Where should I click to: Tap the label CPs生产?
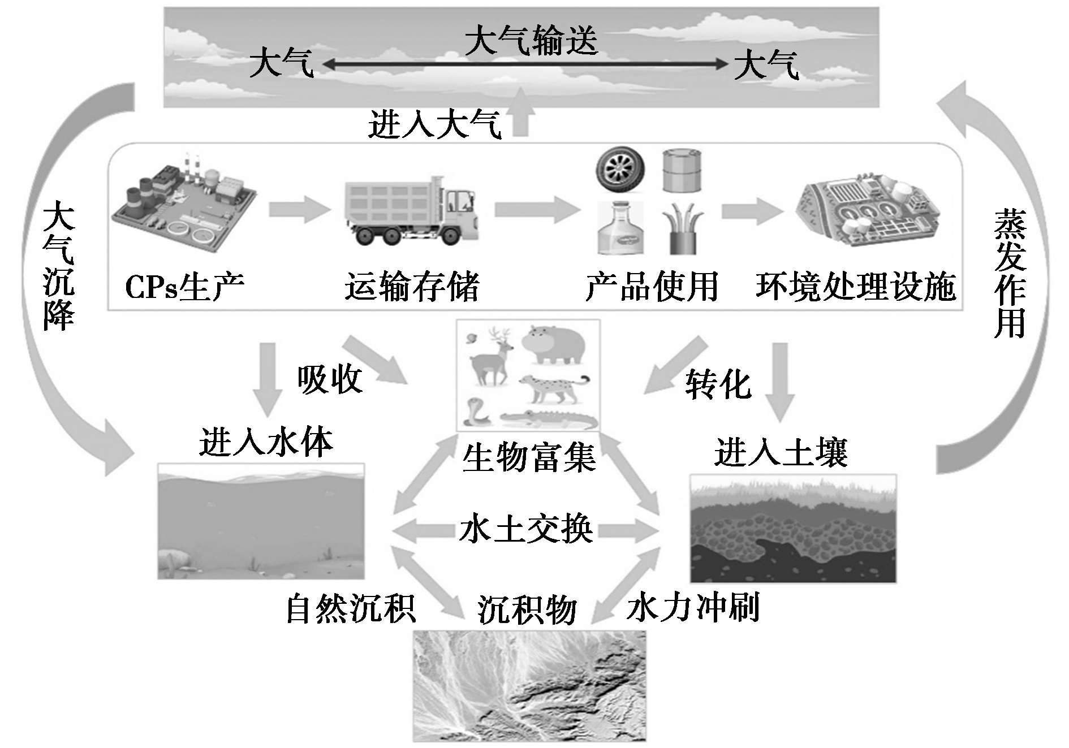coord(184,287)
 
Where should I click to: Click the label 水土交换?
coord(526,530)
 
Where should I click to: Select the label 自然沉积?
coord(351,608)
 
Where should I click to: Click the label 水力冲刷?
coord(693,607)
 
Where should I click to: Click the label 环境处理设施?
coord(856,287)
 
